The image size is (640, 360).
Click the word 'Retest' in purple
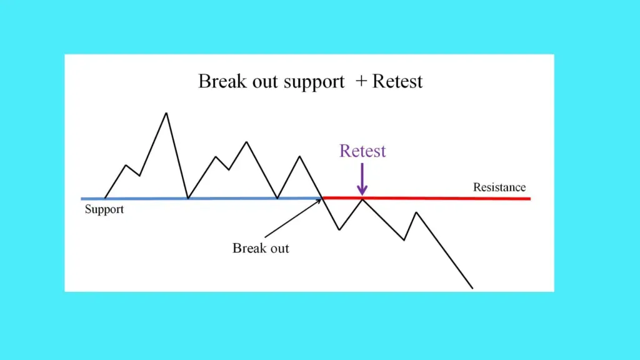(362, 151)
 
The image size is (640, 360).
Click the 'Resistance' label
(499, 187)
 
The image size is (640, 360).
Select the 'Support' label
(104, 209)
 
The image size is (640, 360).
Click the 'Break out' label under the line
(261, 248)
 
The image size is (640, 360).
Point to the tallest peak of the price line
(166, 113)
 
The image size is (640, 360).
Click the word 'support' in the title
(314, 82)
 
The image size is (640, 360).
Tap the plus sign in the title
(361, 81)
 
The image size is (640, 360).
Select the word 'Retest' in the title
(397, 81)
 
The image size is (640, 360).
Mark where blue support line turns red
(322, 199)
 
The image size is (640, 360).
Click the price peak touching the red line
(362, 199)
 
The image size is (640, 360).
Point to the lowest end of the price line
(472, 288)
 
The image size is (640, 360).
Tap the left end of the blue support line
(82, 199)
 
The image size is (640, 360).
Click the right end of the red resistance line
(530, 199)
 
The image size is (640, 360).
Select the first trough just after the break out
(339, 229)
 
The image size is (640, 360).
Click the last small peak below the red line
(416, 212)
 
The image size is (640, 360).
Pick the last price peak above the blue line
(300, 156)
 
